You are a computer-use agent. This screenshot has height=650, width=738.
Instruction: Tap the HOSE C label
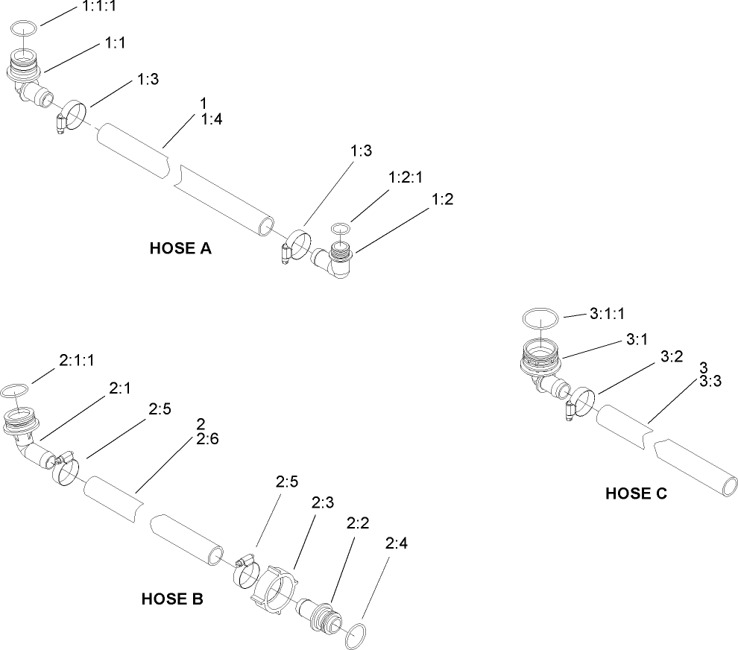(x=636, y=493)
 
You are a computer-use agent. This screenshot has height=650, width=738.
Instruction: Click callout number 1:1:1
(x=97, y=7)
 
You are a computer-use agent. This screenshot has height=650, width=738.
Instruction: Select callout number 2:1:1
(x=76, y=361)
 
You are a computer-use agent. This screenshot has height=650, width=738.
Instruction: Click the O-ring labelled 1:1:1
(x=25, y=29)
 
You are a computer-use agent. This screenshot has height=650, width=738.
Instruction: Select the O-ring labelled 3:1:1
(x=540, y=318)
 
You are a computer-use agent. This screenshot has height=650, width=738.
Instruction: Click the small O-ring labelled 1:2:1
(x=341, y=227)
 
